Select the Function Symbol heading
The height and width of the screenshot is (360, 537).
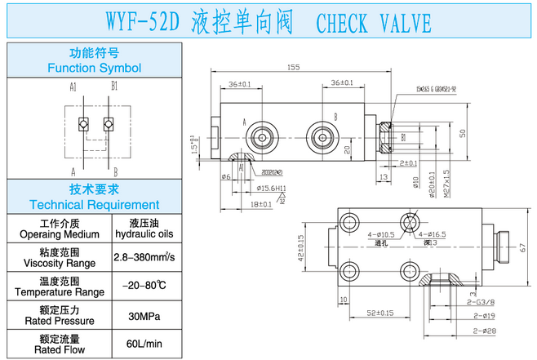(x=95, y=61)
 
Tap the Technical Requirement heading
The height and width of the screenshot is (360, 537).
(x=95, y=198)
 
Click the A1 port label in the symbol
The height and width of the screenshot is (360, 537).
(x=73, y=86)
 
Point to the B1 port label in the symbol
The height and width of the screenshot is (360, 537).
(x=115, y=86)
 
